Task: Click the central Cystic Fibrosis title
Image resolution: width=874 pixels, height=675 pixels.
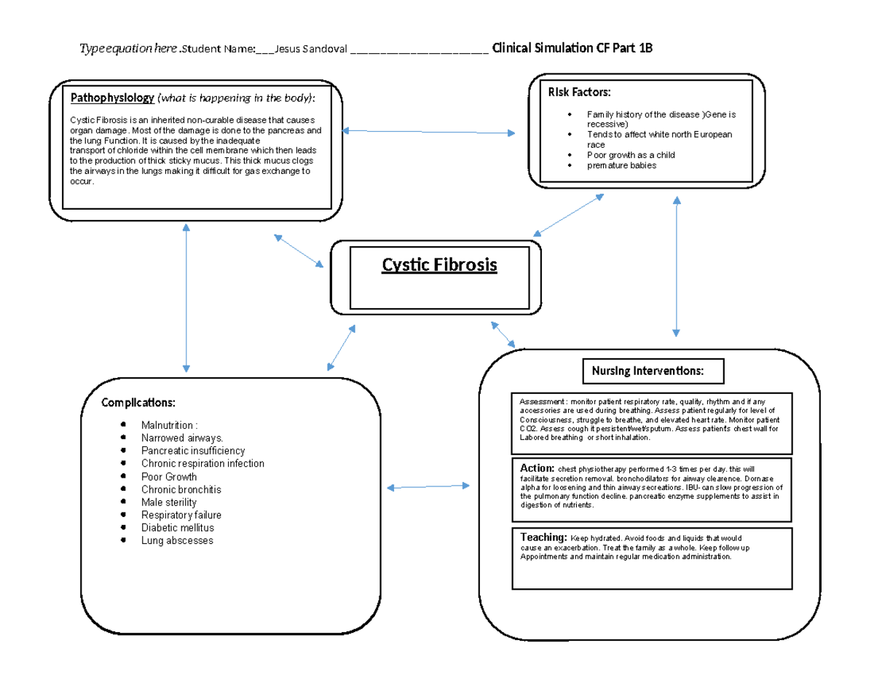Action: [439, 264]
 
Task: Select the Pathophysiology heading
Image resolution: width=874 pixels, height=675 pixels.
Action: [111, 98]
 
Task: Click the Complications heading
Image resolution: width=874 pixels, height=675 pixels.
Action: [138, 403]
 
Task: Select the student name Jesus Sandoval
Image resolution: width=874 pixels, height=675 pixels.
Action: [309, 49]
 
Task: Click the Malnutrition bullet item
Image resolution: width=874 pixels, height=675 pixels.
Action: [170, 425]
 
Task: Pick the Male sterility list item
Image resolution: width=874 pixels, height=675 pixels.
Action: [168, 502]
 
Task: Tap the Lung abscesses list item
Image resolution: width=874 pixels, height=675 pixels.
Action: [177, 541]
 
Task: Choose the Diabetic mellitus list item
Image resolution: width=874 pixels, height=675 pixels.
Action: [177, 528]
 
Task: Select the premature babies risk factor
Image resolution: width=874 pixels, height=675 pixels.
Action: [621, 165]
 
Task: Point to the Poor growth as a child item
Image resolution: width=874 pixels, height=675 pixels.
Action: [631, 155]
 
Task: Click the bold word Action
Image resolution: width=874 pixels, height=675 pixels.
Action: [538, 467]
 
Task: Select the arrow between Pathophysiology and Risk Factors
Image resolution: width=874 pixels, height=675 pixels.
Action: [428, 132]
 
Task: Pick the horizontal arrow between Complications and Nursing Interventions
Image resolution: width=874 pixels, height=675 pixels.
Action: [428, 486]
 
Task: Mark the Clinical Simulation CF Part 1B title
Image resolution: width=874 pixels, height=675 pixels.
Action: [572, 49]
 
